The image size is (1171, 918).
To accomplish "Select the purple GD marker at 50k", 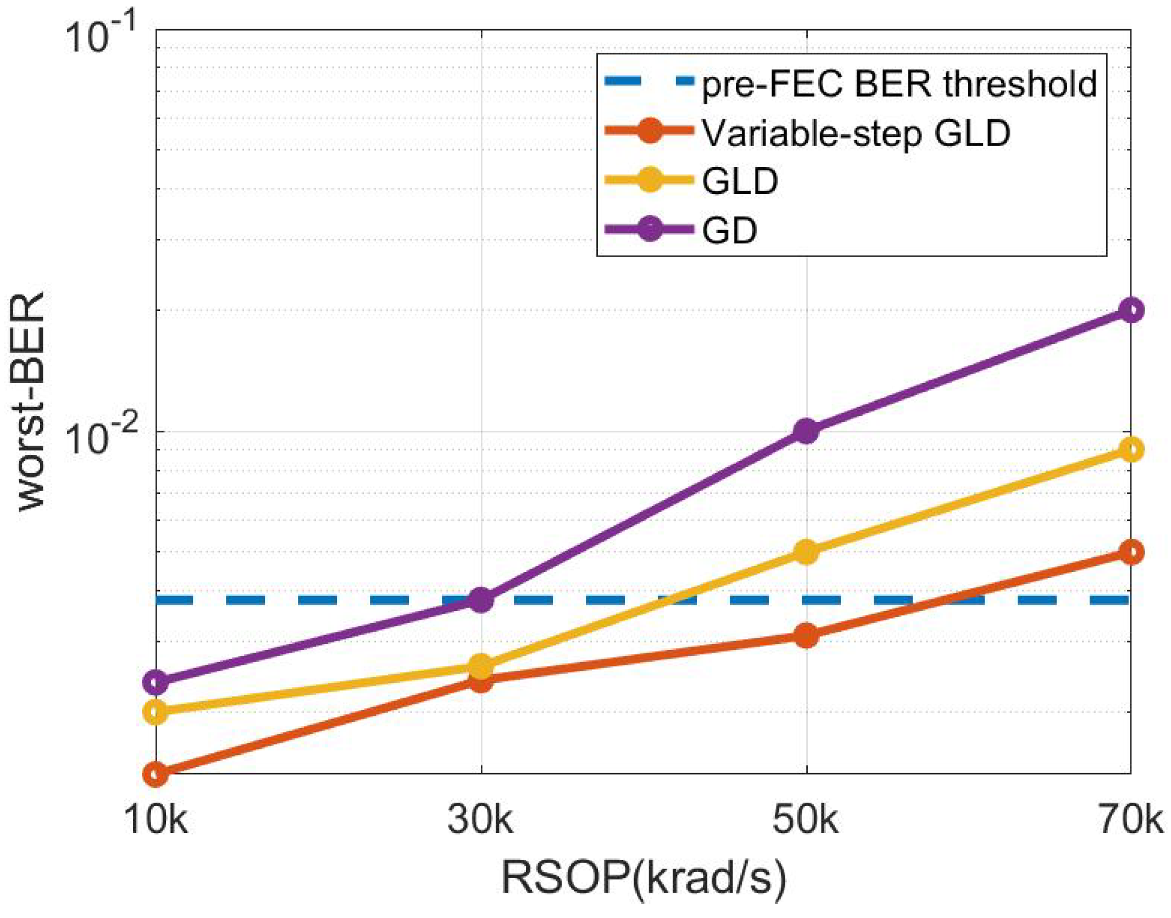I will pyautogui.click(x=806, y=431).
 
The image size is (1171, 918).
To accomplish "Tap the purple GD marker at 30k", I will pyautogui.click(x=481, y=600).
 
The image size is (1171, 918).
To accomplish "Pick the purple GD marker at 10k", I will pyautogui.click(x=156, y=682).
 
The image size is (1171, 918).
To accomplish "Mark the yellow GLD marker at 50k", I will pyautogui.click(x=806, y=552).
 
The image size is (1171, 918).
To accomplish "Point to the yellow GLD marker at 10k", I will pyautogui.click(x=156, y=713).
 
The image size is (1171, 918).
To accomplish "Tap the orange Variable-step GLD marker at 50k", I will pyautogui.click(x=806, y=636).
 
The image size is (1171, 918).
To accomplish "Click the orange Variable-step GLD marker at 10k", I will pyautogui.click(x=156, y=774).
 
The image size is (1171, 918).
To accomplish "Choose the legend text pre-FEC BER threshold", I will pyautogui.click(x=899, y=84).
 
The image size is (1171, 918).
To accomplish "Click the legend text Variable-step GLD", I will pyautogui.click(x=856, y=133).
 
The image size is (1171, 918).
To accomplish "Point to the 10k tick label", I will pyautogui.click(x=156, y=821).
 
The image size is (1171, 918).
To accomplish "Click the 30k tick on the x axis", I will pyautogui.click(x=480, y=821).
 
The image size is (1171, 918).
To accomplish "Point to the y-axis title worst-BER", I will pyautogui.click(x=31, y=402).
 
